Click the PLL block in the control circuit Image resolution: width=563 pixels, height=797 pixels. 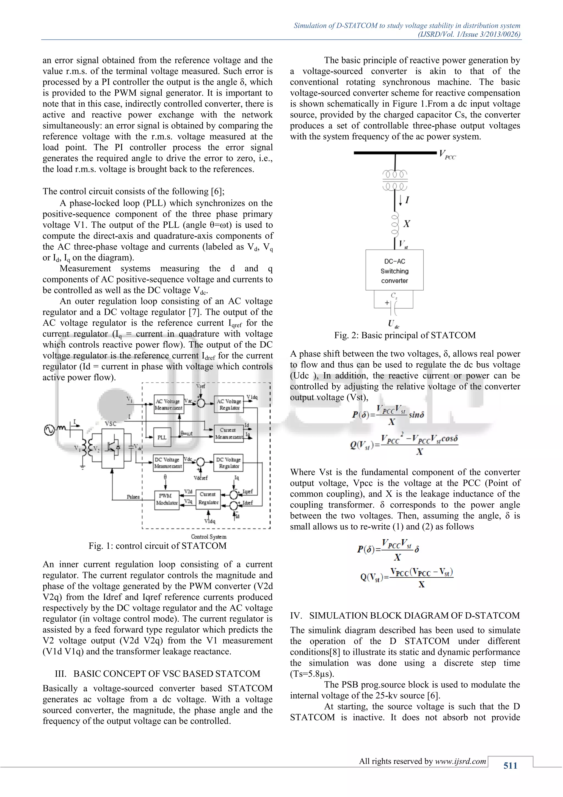(162, 437)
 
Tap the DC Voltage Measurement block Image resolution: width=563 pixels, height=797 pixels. (168, 463)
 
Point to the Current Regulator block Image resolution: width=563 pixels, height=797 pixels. (208, 498)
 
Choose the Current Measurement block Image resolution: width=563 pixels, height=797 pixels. (229, 433)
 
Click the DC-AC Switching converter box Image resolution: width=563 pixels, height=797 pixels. (394, 271)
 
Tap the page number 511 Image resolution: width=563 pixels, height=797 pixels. (510, 765)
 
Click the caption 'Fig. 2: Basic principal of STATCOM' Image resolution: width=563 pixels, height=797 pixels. (405, 335)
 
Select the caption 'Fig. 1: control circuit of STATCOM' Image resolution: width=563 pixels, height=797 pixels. (158, 546)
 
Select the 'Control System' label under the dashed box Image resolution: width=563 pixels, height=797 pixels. (208, 537)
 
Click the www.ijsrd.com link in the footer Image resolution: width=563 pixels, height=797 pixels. (460, 761)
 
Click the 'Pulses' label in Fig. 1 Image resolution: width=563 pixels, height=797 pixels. (133, 497)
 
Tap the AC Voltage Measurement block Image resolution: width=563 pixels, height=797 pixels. (169, 404)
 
